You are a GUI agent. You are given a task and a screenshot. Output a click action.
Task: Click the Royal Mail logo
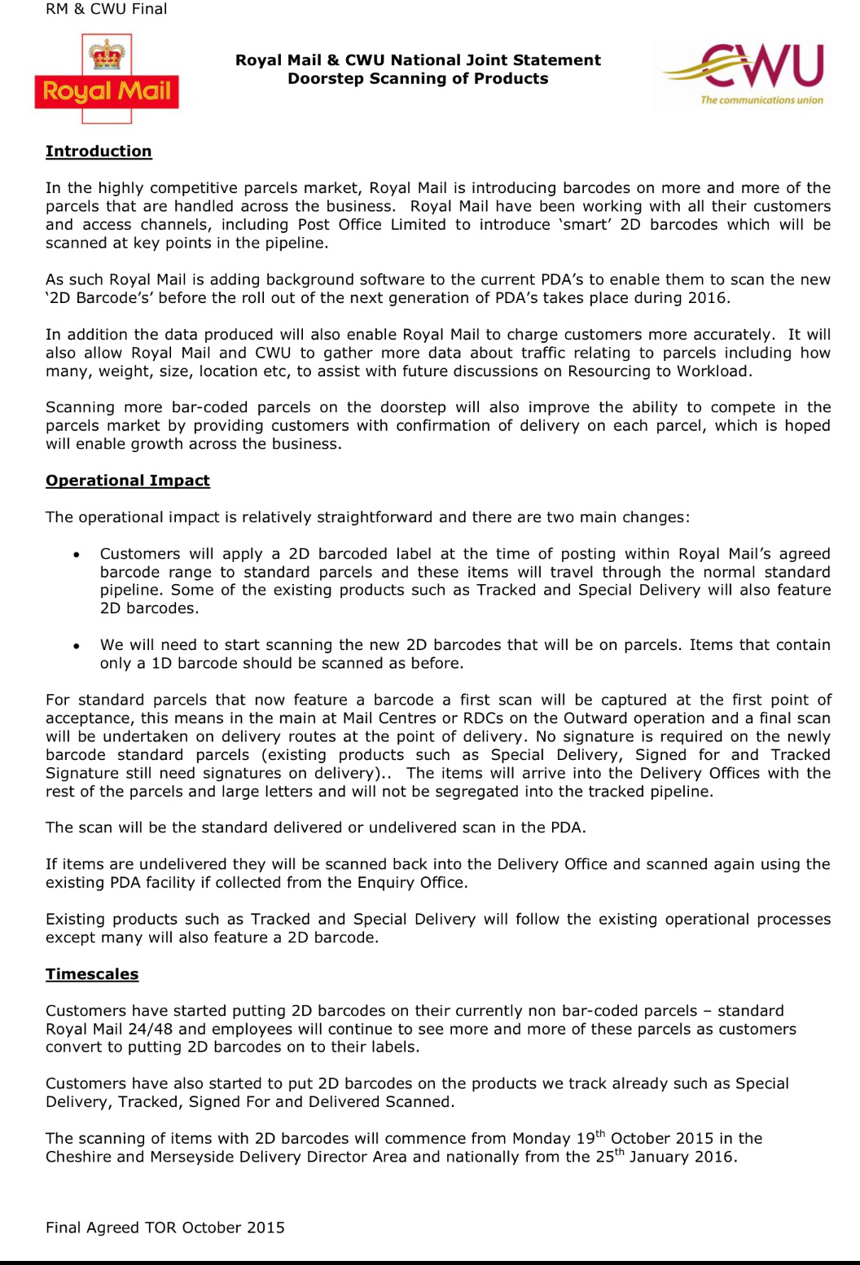tap(107, 79)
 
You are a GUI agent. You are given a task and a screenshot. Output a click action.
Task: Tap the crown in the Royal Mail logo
tap(106, 56)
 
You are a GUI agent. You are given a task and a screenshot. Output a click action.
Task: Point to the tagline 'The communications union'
tap(761, 100)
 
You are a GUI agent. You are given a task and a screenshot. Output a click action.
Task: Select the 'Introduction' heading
tap(99, 152)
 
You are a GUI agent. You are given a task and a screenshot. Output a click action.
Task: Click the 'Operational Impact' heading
tap(128, 481)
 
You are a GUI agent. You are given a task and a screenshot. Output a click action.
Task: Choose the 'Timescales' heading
tap(92, 974)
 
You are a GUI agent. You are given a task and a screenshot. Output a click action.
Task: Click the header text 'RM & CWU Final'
tap(107, 10)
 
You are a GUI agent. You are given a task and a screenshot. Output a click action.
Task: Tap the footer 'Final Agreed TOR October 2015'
tap(165, 1228)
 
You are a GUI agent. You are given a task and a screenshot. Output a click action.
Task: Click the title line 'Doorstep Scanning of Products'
tap(418, 79)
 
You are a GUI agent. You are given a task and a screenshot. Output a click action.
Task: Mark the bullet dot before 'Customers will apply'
tap(76, 555)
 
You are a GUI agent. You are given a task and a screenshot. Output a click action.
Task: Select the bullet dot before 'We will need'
tap(76, 646)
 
